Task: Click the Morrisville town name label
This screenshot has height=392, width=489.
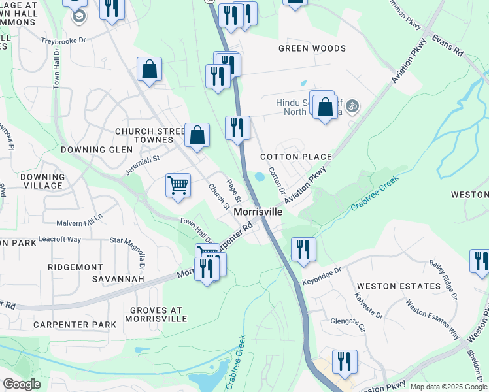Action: coord(258,212)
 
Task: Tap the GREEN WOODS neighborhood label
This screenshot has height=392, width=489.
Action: coord(312,48)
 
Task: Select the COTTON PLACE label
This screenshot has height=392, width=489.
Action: coord(295,157)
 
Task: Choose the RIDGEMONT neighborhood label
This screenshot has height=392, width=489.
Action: coord(76,267)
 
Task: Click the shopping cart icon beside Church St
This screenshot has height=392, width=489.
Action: coord(178,186)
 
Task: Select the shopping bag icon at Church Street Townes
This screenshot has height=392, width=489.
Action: coord(197,135)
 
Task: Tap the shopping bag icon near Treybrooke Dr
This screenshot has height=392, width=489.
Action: coord(150,69)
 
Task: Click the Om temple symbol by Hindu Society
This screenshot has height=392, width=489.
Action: coord(352,105)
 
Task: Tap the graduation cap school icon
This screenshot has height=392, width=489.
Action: coord(78,15)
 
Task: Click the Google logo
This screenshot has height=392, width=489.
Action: coord(22,384)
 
